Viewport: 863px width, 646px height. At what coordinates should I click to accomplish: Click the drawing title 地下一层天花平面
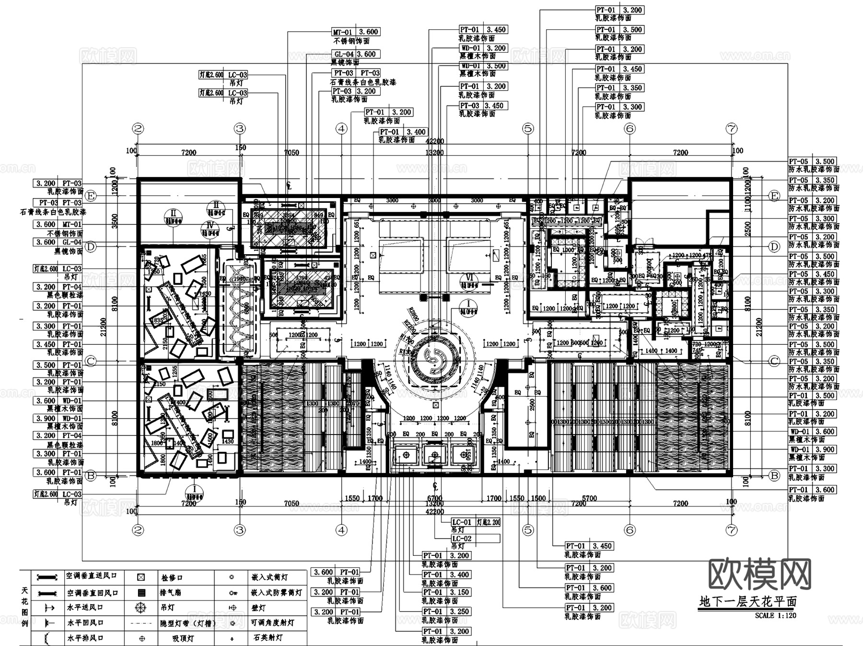747,601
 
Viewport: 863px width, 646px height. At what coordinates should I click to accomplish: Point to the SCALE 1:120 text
775,615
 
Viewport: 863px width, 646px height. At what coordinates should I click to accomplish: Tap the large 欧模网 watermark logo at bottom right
759,574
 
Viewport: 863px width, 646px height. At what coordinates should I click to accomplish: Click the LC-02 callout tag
462,539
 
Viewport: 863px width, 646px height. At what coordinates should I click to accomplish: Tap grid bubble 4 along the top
341,129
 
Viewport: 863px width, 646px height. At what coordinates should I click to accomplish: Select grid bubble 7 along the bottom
732,530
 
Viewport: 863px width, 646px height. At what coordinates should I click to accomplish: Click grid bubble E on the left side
91,196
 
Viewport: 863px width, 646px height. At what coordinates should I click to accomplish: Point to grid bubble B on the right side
774,476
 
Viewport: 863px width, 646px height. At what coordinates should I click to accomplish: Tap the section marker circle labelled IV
210,225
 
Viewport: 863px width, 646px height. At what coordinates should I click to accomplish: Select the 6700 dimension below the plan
434,498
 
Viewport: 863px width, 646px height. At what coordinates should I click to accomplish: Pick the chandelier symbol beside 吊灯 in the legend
140,607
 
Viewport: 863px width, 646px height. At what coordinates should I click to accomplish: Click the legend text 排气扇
170,593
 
